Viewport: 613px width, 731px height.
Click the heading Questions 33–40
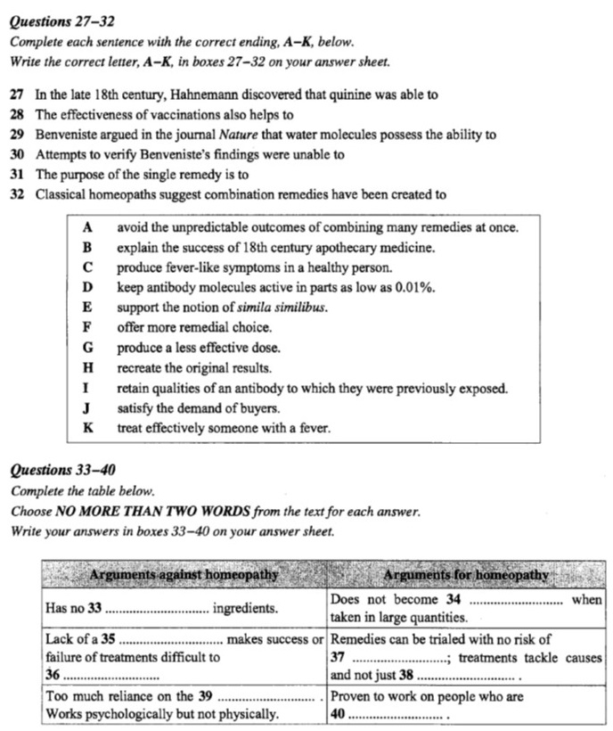[62, 470]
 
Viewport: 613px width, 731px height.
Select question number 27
[17, 94]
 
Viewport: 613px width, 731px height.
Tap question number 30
[17, 155]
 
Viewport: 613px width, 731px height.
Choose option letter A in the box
[87, 227]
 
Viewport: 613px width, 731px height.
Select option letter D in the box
[87, 287]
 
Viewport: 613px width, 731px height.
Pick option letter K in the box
[87, 428]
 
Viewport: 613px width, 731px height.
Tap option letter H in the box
[87, 367]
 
